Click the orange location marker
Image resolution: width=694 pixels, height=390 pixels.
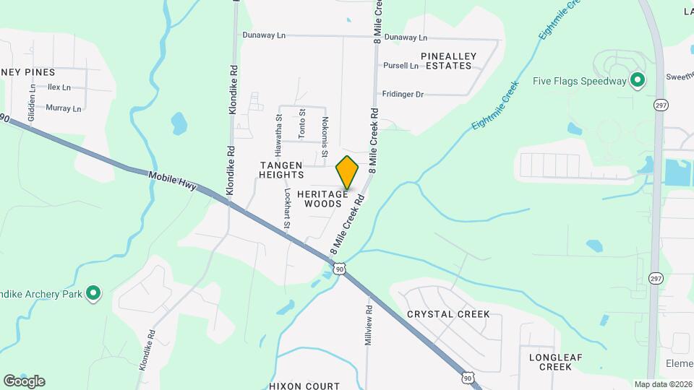(x=347, y=172)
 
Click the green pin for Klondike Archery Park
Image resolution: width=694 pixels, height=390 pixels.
(x=93, y=293)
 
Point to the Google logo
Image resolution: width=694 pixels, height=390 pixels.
(x=24, y=381)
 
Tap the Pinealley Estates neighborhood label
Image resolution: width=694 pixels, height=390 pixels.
(x=446, y=60)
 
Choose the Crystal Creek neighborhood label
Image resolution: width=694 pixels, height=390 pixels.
(x=448, y=314)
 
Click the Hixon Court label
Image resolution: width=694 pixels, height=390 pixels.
(x=304, y=386)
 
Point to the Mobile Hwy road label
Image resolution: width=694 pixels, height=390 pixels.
(x=172, y=180)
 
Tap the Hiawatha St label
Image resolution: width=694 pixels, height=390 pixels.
(x=278, y=136)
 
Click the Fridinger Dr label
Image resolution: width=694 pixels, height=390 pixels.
(x=403, y=94)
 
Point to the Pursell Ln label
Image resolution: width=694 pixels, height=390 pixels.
(x=400, y=66)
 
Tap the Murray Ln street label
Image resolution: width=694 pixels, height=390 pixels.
(x=64, y=108)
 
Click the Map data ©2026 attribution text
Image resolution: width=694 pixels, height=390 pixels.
(x=663, y=384)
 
